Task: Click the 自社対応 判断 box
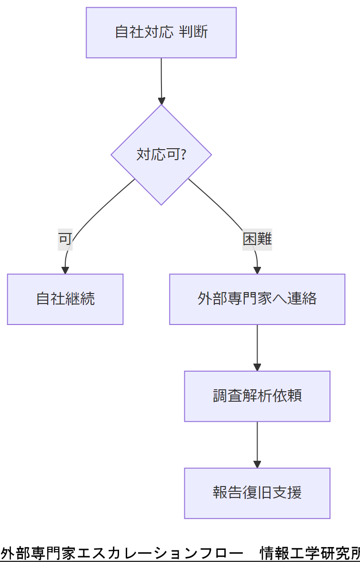(161, 32)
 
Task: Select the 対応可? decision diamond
(161, 155)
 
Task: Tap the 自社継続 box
(65, 299)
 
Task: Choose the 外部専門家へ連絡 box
(257, 299)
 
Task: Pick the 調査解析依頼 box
(257, 396)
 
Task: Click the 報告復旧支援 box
(257, 493)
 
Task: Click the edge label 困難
(257, 239)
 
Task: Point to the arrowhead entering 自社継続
(65, 271)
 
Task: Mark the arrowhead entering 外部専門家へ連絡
(257, 271)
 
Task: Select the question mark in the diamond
(182, 155)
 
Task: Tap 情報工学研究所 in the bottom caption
(310, 554)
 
